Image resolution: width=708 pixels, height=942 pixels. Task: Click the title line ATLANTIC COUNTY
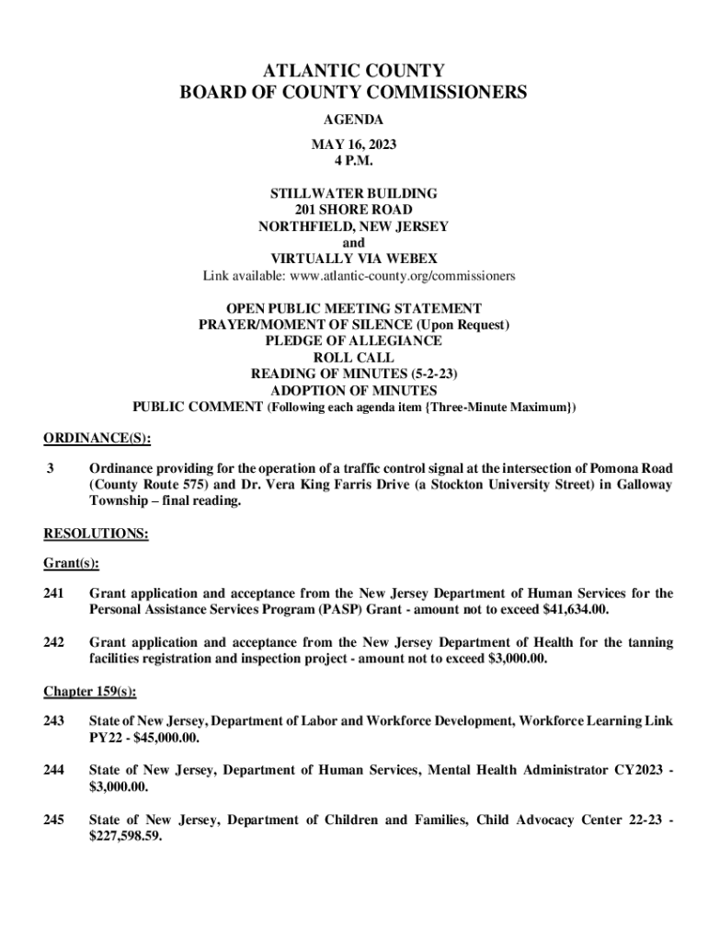coord(354,71)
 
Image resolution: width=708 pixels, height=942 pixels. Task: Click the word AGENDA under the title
coord(354,121)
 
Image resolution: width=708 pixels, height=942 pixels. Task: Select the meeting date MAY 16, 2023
coord(354,144)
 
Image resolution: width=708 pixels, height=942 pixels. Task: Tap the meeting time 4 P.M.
coord(354,161)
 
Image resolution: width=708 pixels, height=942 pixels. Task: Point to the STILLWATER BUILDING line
coord(354,194)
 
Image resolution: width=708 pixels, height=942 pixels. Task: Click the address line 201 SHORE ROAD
coord(354,211)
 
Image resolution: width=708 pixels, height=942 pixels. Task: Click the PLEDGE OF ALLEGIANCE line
coord(354,341)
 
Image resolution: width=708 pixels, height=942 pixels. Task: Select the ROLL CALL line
coord(354,358)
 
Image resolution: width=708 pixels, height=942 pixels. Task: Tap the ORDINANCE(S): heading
coord(97,437)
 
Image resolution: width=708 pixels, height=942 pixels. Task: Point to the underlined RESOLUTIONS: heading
coord(96,534)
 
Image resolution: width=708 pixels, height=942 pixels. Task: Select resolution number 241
coord(54,593)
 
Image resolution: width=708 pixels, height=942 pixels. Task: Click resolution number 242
coord(54,642)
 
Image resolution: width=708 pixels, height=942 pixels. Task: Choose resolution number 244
coord(54,771)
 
